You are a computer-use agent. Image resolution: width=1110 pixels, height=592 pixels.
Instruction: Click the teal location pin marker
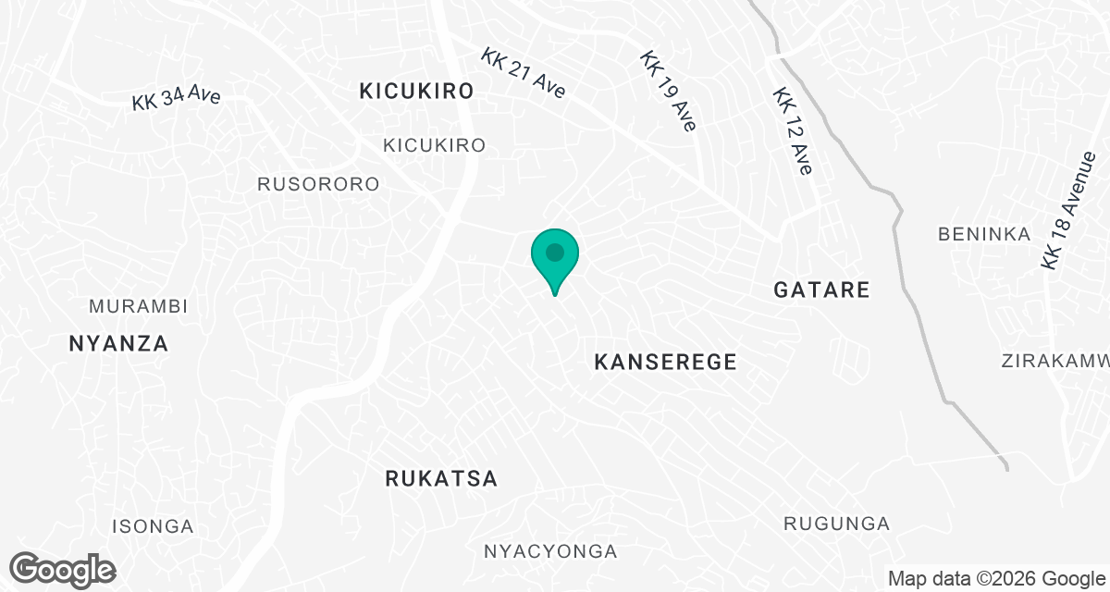[x=555, y=255]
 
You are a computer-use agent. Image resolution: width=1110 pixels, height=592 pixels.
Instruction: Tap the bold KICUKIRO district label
[x=416, y=91]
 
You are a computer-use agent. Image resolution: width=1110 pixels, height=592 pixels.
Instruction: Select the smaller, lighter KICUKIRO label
[x=434, y=145]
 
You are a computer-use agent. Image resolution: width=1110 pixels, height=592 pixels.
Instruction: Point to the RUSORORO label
[x=318, y=184]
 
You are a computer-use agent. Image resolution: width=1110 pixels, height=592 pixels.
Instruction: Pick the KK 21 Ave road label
[x=523, y=73]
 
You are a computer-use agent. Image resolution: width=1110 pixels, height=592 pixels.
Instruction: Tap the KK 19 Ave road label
[x=667, y=91]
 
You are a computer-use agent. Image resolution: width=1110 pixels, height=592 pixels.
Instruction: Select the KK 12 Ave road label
[x=793, y=131]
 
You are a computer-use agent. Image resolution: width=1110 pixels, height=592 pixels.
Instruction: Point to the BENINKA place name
[x=984, y=234]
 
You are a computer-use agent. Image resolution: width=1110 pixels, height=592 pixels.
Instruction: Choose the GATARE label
[x=822, y=290]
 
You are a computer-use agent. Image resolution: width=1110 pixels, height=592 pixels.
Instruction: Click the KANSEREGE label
[x=665, y=363]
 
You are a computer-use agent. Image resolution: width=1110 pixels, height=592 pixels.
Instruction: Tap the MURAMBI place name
[x=139, y=306]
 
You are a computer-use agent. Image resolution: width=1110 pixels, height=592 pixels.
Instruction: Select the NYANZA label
[x=118, y=344]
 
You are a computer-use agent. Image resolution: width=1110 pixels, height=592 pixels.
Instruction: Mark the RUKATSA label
[x=441, y=478]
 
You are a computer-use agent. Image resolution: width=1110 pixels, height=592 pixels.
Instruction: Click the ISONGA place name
[x=153, y=527]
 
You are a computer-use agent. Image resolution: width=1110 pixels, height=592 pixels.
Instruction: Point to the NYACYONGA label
[x=550, y=551]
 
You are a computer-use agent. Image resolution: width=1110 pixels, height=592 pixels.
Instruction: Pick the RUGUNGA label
[x=836, y=524]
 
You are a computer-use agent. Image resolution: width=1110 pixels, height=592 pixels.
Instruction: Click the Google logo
[x=63, y=569]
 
